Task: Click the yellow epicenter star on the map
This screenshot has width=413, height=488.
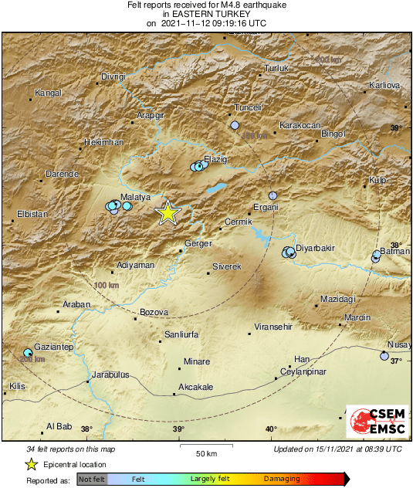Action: click(168, 212)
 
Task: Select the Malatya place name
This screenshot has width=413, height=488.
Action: click(113, 198)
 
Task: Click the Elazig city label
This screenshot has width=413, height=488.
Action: click(215, 159)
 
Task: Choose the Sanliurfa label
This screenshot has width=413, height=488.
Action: click(182, 335)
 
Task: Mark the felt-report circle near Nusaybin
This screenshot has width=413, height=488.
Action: click(384, 356)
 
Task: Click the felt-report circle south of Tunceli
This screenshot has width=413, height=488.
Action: click(235, 125)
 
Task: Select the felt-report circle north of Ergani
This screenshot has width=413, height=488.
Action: click(273, 196)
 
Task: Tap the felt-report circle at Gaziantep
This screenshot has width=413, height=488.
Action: click(29, 352)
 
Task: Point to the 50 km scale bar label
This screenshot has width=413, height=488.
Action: click(205, 452)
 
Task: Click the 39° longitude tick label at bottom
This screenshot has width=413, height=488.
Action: click(178, 429)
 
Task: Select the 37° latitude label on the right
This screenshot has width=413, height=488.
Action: click(396, 361)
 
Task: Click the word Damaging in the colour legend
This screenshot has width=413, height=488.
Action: click(282, 479)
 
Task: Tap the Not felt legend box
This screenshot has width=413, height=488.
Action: click(92, 479)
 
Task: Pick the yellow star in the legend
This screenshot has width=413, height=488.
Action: click(31, 464)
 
